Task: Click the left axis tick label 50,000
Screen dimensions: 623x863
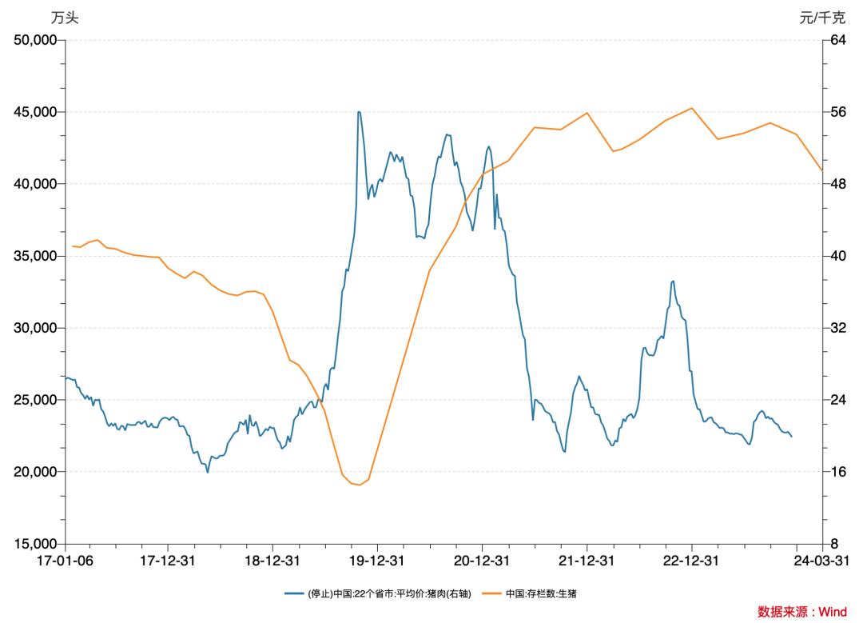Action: point(34,40)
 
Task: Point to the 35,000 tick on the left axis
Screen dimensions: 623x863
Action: point(34,256)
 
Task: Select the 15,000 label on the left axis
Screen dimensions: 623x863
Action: point(34,544)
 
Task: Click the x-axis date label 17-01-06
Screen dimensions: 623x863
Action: point(66,561)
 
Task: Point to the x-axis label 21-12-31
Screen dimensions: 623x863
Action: point(587,561)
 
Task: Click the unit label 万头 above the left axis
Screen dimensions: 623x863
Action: point(65,18)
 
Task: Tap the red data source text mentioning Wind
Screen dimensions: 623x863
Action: point(801,612)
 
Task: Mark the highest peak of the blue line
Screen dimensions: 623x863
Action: point(359,112)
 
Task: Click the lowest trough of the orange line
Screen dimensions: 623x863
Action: point(358,485)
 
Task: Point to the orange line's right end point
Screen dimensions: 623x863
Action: point(822,171)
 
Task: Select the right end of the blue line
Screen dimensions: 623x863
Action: point(792,437)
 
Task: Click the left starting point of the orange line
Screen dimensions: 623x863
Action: point(73,246)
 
